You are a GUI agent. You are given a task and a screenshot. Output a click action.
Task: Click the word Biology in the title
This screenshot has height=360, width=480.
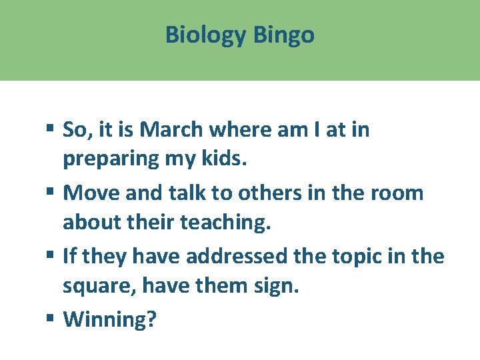coord(206,35)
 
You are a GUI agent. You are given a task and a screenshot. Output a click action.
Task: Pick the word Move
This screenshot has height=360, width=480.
coord(88,193)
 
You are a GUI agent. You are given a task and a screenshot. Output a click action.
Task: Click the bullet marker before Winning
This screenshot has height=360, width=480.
coord(52,319)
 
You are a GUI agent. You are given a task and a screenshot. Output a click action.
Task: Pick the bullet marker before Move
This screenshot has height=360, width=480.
coord(52,193)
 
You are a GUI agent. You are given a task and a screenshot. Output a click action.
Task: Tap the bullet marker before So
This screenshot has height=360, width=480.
coord(52,130)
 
